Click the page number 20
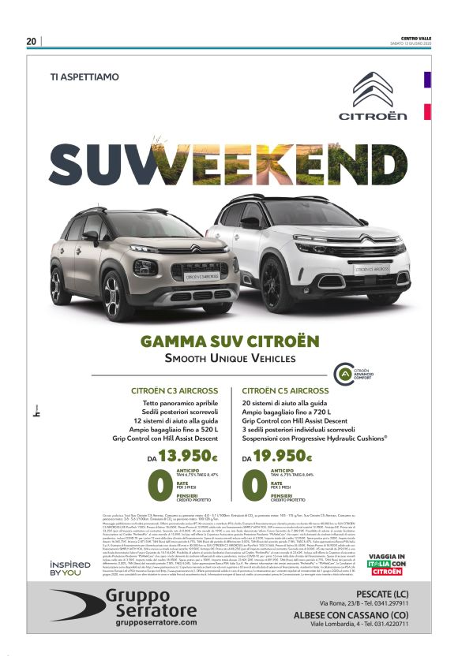click(x=31, y=42)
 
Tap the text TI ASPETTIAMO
click(x=84, y=77)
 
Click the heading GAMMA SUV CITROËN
click(x=229, y=341)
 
